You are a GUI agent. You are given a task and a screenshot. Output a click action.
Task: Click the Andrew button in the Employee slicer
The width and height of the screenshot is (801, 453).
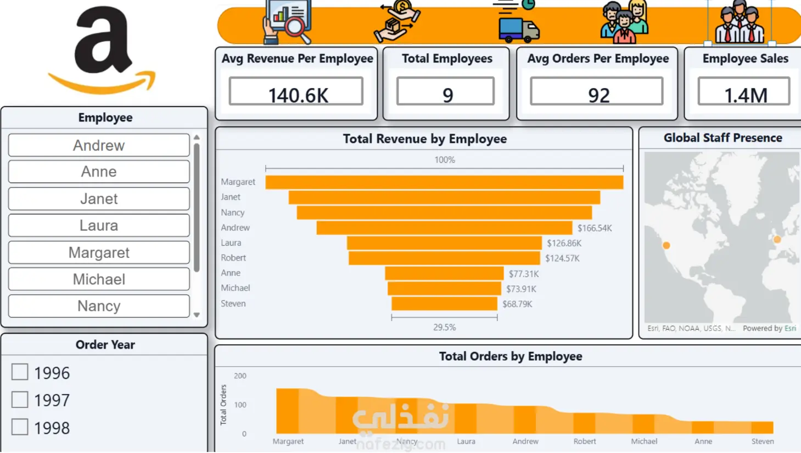99,145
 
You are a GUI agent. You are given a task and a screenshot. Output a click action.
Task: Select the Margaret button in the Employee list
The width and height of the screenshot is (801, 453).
99,252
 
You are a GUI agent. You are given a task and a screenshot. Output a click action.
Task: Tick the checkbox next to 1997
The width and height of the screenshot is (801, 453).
20,399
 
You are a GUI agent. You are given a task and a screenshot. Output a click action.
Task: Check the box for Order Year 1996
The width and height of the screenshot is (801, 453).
20,372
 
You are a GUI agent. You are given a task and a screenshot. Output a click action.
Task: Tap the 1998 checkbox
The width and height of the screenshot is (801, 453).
20,427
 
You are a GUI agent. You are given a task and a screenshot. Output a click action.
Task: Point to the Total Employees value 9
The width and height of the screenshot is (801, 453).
447,95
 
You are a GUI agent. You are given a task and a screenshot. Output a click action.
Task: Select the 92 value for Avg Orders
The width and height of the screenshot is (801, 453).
598,95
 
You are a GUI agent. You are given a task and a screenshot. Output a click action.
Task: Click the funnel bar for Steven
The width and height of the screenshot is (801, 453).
444,303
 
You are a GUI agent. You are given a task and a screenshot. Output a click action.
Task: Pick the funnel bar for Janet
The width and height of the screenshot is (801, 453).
444,197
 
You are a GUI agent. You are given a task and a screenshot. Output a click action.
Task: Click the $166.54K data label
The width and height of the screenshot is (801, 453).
595,228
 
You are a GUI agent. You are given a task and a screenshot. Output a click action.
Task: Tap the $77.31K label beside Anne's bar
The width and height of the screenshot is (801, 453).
524,274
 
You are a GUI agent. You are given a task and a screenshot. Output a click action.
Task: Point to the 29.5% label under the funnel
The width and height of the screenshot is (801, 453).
445,327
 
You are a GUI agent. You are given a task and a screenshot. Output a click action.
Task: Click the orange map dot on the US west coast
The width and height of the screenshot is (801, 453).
666,245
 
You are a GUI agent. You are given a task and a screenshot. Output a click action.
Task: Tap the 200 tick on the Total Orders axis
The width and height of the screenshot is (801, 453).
240,375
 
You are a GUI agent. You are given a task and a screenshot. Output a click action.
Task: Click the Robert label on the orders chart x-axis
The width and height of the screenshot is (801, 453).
585,441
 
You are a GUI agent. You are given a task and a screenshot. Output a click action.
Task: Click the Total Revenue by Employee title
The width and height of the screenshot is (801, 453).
425,139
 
